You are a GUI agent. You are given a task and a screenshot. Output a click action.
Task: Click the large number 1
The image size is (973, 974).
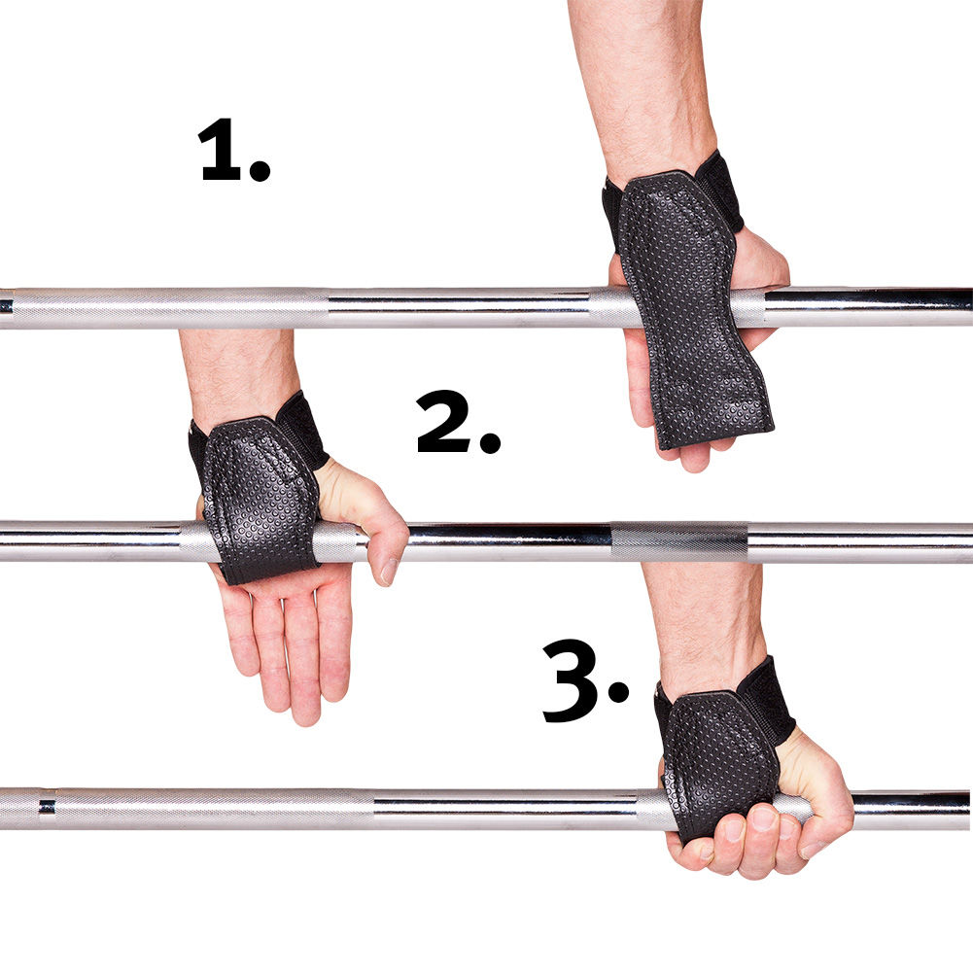point(221,151)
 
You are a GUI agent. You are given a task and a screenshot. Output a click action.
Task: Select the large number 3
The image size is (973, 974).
point(573,680)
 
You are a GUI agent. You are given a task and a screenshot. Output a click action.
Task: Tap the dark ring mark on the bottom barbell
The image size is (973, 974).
point(46,807)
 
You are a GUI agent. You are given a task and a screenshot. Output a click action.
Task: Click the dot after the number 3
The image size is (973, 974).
point(618,691)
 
